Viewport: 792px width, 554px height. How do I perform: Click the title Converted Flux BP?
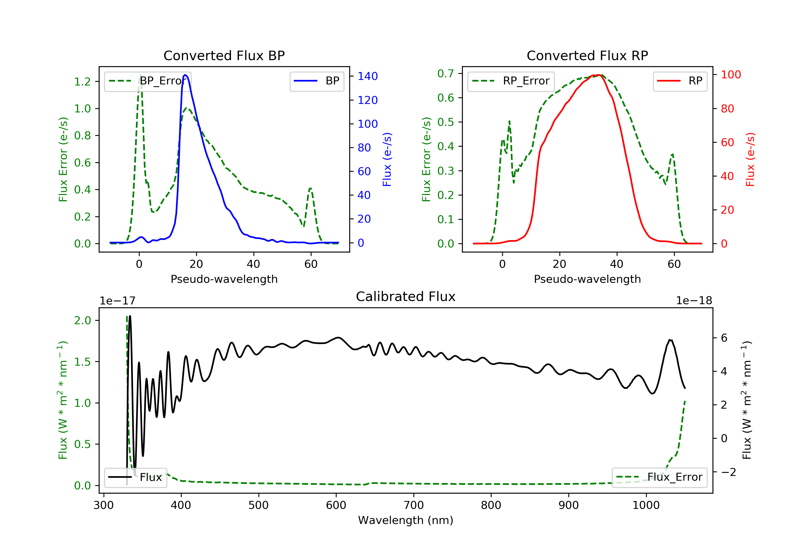coord(224,55)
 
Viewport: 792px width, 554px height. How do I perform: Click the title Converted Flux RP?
coord(587,55)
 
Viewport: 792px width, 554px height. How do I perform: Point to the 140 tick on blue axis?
coord(367,76)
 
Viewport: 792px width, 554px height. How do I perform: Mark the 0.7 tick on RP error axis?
coord(446,73)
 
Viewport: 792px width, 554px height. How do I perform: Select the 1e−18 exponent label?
coord(694,301)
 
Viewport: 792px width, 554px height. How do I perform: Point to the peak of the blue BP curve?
coord(185,75)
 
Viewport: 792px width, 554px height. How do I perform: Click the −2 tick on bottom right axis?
coord(728,472)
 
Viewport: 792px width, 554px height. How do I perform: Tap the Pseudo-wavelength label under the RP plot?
coord(587,279)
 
